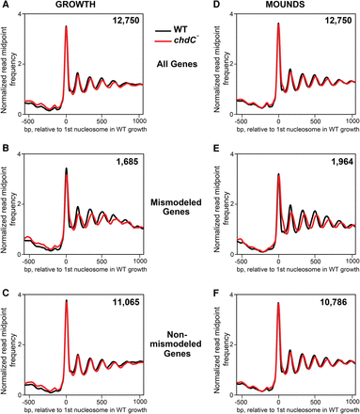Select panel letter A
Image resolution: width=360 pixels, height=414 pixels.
[x=6, y=7]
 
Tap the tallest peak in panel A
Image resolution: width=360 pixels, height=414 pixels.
[x=66, y=27]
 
